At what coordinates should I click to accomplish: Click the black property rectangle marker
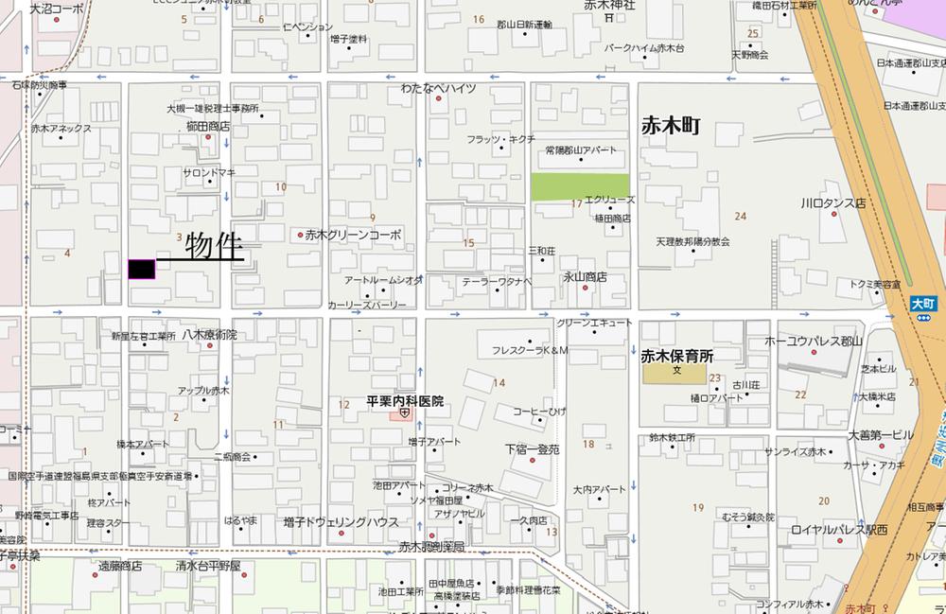(x=141, y=270)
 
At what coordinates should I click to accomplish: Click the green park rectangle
(x=579, y=187)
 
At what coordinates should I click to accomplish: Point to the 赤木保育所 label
(x=676, y=357)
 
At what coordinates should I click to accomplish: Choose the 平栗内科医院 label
(x=405, y=401)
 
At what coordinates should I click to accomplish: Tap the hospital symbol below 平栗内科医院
(x=405, y=413)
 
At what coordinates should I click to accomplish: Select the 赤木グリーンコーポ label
(x=353, y=235)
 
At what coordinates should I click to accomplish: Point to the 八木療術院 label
(x=209, y=335)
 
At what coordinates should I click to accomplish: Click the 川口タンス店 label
(x=833, y=203)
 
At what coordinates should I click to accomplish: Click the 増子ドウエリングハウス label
(x=341, y=521)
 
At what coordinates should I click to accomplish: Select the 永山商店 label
(x=585, y=277)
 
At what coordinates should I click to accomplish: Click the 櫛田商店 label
(x=208, y=126)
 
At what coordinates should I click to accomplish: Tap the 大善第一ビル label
(x=881, y=435)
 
